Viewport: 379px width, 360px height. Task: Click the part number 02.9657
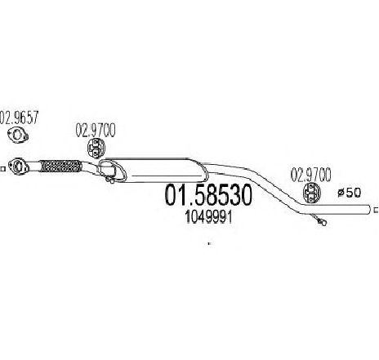point(19,118)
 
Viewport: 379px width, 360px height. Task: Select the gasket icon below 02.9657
point(18,136)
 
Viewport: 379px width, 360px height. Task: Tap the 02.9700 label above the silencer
point(96,131)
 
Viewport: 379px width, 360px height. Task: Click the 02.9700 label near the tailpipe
point(310,175)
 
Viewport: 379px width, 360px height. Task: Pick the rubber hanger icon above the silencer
point(96,148)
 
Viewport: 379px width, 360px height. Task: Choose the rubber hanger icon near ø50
point(311,193)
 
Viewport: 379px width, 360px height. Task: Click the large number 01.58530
point(207,195)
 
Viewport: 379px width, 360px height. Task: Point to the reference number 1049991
point(208,217)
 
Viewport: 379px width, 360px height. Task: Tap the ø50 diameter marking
point(350,193)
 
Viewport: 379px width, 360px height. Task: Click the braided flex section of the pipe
point(61,167)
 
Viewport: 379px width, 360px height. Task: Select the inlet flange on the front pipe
point(18,166)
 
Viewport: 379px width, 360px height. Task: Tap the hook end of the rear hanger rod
point(322,222)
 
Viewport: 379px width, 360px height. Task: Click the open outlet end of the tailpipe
point(369,210)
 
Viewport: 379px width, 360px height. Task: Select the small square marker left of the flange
point(2,169)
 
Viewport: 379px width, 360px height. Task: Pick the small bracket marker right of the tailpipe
point(376,210)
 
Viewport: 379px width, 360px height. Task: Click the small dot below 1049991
point(209,243)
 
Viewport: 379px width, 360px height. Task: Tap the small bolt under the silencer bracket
point(109,180)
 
